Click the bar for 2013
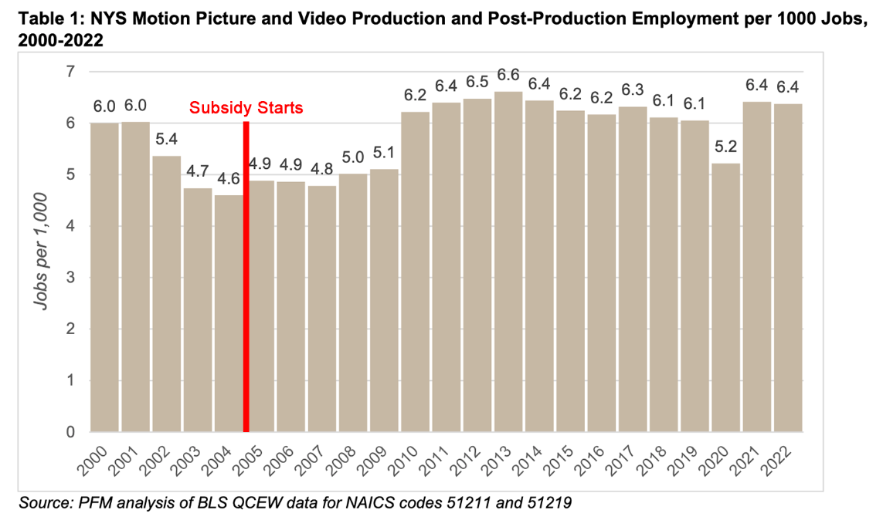(508, 262)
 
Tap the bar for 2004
(229, 313)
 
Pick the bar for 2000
(105, 278)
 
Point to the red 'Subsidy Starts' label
(246, 108)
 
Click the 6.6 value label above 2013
(508, 76)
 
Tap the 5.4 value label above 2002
(167, 140)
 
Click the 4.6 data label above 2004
(229, 179)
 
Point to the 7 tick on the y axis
(72, 72)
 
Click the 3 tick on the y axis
(72, 278)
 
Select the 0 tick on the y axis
(72, 432)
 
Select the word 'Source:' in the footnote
(44, 503)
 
